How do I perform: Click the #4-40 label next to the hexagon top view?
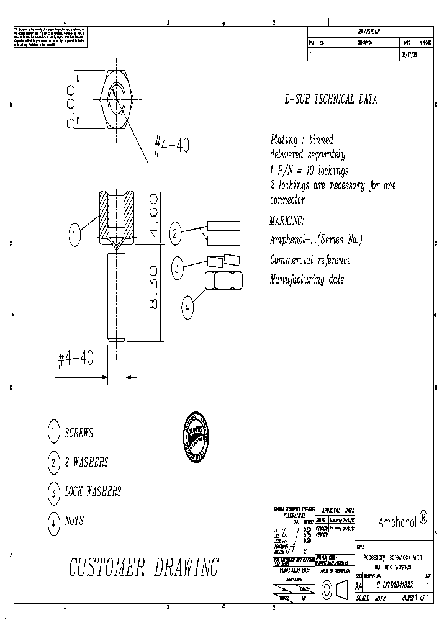[171, 146]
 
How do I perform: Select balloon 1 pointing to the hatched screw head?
[74, 235]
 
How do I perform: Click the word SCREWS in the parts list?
[79, 433]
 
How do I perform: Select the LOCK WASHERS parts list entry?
[93, 491]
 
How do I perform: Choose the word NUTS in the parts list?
[74, 521]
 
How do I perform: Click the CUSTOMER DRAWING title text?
[143, 567]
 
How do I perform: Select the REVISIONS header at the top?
[369, 31]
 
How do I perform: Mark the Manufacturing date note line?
[307, 279]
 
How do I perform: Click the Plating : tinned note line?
[302, 139]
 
